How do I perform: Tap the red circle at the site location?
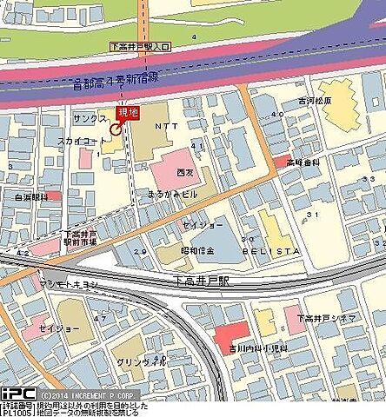coord(116,127)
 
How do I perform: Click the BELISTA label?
coord(276,249)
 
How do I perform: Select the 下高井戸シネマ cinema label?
coord(325,319)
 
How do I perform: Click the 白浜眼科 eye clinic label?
coord(31,197)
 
